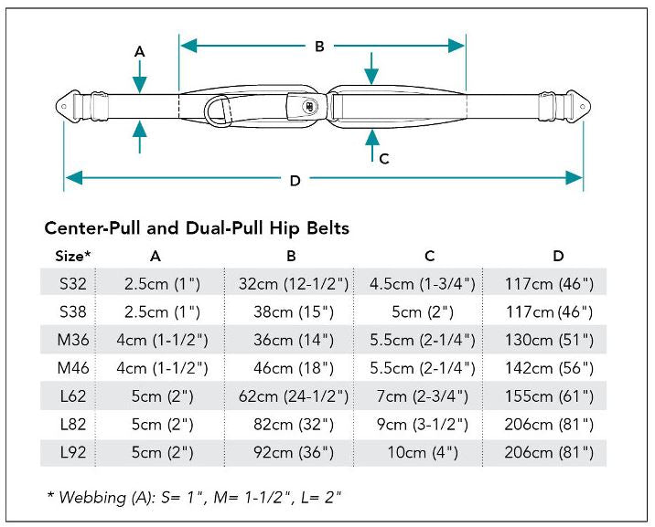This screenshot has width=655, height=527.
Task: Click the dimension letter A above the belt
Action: tap(140, 52)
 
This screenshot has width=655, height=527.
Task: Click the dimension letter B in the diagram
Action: tap(319, 47)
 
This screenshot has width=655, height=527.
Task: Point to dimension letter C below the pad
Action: tap(384, 158)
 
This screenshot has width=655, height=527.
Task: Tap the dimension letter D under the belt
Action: tap(295, 181)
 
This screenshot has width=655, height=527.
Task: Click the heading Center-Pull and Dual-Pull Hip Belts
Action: tap(197, 228)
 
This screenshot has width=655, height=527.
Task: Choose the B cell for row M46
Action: tap(294, 368)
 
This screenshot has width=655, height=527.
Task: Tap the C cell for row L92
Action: tap(423, 452)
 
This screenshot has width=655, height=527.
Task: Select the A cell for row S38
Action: tap(155, 311)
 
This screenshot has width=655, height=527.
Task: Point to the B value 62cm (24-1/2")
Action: tap(294, 396)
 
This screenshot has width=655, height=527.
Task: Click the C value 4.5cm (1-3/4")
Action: tap(423, 283)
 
